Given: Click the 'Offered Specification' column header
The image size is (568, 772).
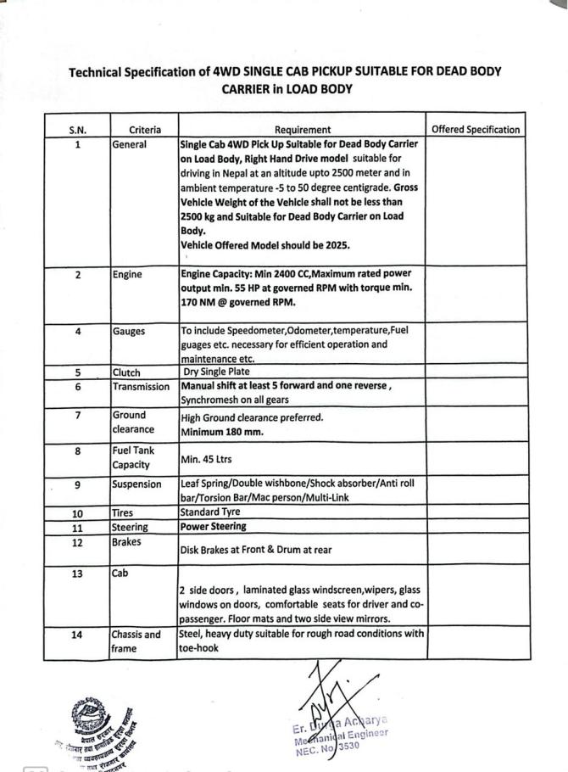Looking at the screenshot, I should (476, 130).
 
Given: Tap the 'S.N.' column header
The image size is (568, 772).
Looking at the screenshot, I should (77, 130).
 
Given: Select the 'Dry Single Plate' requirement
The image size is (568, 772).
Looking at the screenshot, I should (216, 372).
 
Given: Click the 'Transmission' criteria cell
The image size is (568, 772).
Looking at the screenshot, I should (141, 387).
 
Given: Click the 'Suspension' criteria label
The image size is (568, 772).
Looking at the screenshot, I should (136, 484).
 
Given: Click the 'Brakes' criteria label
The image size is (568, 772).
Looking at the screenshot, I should (128, 540).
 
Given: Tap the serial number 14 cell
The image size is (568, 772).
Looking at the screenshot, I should (77, 635).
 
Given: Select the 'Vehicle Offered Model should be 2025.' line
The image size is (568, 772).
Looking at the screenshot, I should (265, 245).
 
